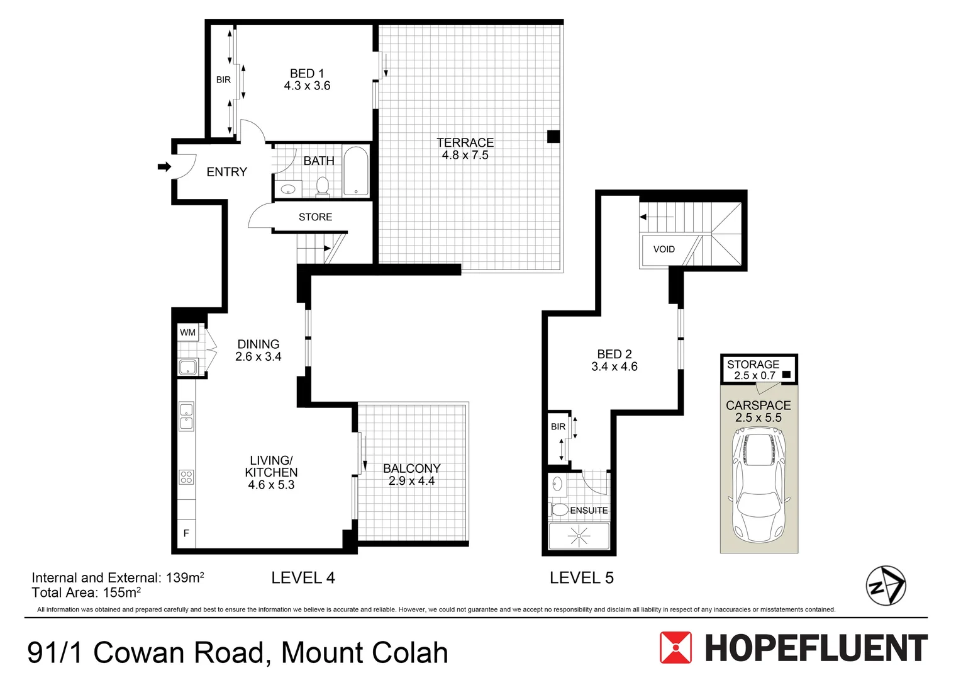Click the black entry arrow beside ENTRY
[x=164, y=167]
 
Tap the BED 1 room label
[x=307, y=74]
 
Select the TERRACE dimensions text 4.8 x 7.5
[x=465, y=156]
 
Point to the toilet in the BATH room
[x=322, y=186]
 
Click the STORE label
[x=315, y=217]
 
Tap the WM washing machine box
[x=187, y=332]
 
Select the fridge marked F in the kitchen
[x=186, y=533]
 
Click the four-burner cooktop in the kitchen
[x=187, y=477]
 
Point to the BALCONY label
[x=411, y=468]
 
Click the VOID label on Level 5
[x=664, y=249]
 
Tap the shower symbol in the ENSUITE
[x=578, y=536]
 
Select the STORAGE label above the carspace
[x=753, y=365]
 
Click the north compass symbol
[x=886, y=586]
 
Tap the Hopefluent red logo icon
[x=675, y=648]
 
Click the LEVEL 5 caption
[x=581, y=578]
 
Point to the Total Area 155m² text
[x=86, y=592]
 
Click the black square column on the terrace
[x=553, y=137]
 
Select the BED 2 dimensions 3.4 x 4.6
[x=614, y=367]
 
